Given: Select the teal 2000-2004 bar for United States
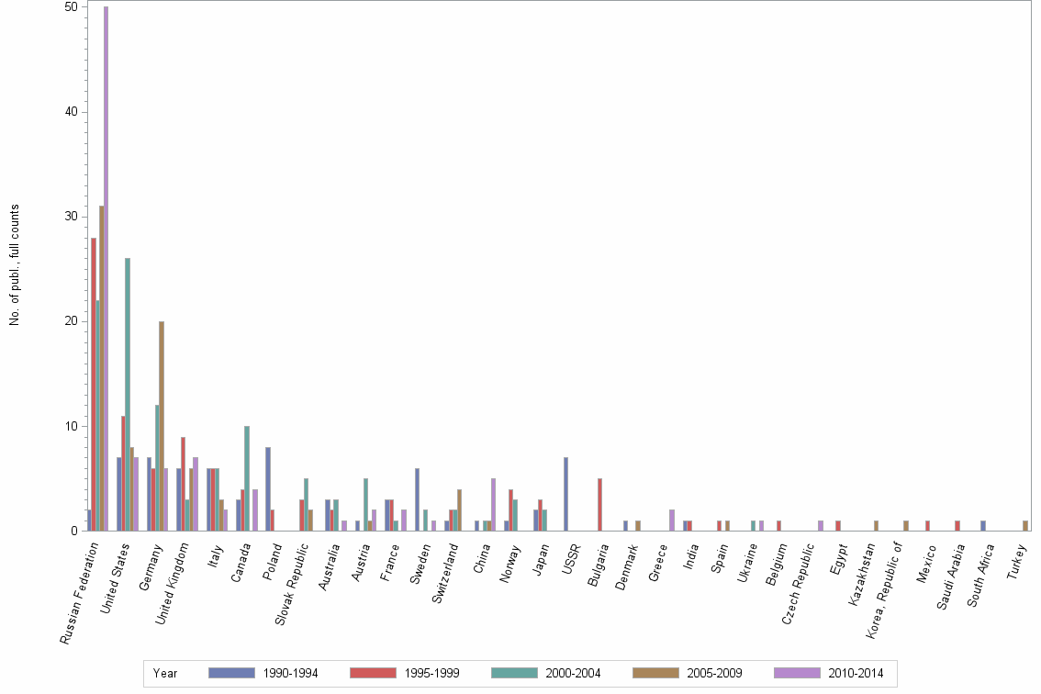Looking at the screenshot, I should coord(128,395).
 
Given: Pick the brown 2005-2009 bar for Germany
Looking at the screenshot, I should coord(162,426).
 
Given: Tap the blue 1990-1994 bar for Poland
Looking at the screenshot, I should coord(267,488).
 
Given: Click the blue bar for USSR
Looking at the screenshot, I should coord(565,494).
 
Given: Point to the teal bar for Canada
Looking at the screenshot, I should coord(247,478).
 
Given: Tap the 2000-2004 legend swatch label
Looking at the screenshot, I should coord(573,673).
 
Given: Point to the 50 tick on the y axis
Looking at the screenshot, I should coord(70,7).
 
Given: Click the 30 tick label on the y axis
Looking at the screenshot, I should coord(70,217).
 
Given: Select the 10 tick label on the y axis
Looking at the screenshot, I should coord(70,426).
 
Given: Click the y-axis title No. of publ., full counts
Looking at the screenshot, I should coord(15,265).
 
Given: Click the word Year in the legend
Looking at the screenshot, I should coord(165,673).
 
